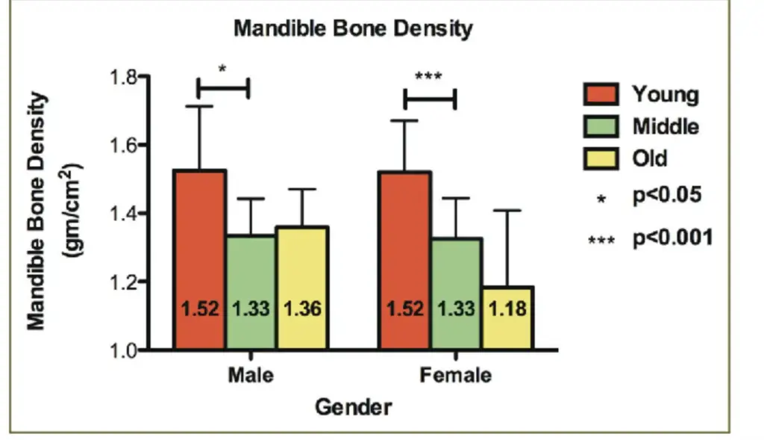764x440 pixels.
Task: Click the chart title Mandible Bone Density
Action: tap(353, 29)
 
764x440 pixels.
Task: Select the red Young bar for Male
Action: tap(200, 247)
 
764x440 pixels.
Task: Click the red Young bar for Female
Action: tap(405, 247)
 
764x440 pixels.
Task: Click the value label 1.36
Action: tap(301, 309)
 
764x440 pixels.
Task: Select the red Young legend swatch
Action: tap(601, 95)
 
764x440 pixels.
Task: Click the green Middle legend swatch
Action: tap(601, 126)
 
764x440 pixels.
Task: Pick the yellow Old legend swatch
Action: tap(601, 158)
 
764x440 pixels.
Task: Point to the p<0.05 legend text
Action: tap(668, 196)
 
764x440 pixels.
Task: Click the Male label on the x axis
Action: tap(251, 374)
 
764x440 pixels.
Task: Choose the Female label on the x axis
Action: tap(455, 374)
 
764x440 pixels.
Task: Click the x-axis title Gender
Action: tap(353, 407)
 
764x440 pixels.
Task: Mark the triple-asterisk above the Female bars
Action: tap(428, 76)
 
